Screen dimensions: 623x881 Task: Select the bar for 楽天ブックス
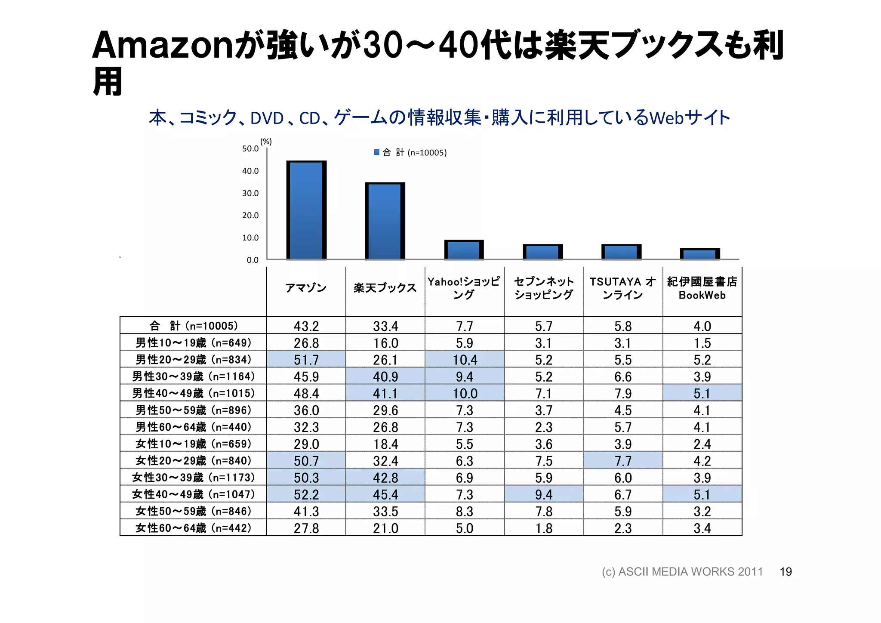(x=385, y=221)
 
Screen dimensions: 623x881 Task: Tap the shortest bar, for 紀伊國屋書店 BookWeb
(x=700, y=254)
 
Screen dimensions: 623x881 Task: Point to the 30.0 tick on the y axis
(x=250, y=193)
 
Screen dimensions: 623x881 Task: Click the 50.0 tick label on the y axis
(x=250, y=148)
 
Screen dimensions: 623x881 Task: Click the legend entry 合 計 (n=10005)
(x=411, y=152)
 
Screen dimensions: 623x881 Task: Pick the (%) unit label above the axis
(x=266, y=142)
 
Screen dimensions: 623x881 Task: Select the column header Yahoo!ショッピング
(x=464, y=288)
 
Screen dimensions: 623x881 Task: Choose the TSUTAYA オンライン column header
(x=622, y=288)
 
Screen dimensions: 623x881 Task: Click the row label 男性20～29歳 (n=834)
(x=193, y=359)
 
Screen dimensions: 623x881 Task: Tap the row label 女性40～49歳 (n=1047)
(x=193, y=494)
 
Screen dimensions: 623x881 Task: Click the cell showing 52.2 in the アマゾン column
(x=306, y=494)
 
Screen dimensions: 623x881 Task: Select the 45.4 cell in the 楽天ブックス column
(x=385, y=494)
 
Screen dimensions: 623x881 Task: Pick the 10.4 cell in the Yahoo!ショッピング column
(x=465, y=360)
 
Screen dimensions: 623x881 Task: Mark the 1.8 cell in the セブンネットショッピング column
(x=544, y=528)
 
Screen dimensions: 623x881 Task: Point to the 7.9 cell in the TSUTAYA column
(x=623, y=393)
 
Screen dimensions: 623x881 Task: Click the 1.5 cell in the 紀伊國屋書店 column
(x=702, y=343)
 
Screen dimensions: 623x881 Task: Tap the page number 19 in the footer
(x=786, y=571)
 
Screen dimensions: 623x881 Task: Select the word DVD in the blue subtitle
(x=267, y=118)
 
